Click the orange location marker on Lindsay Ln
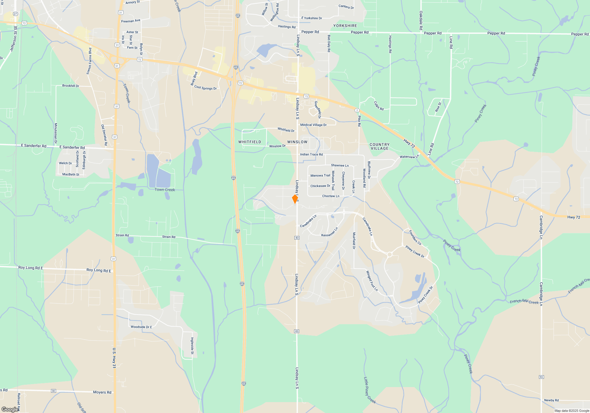(x=295, y=199)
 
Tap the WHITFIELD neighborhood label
(x=250, y=142)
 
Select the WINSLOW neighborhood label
(x=297, y=142)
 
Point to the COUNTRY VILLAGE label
(x=379, y=146)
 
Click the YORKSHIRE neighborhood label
(x=345, y=26)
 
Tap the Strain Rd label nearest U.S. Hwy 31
(x=122, y=235)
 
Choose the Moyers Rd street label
(x=102, y=392)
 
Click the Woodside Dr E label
(x=141, y=327)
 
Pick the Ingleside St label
(x=192, y=346)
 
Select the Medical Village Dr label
(x=313, y=125)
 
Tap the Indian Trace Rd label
(x=311, y=154)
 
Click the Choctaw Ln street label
(x=331, y=196)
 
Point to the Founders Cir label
(x=415, y=238)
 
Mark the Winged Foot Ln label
(x=372, y=281)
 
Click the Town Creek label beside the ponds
(x=165, y=190)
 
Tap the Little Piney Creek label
(x=369, y=390)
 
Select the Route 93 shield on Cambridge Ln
(x=541, y=377)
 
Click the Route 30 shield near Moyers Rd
(x=53, y=391)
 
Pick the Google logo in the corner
(x=10, y=409)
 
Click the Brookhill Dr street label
(x=71, y=86)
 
